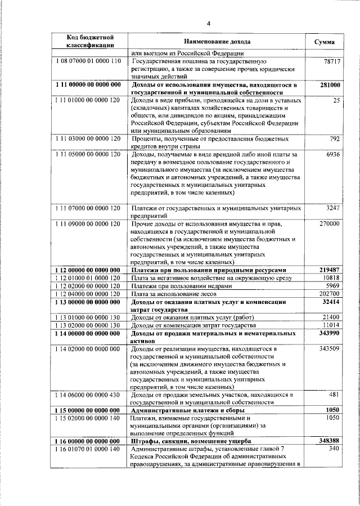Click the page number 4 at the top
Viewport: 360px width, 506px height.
tap(208, 23)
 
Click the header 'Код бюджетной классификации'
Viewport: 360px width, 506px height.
tap(91, 41)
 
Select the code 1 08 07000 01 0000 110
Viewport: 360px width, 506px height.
tap(89, 61)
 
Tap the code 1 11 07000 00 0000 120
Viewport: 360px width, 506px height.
tap(89, 208)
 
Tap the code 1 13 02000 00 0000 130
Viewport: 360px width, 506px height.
tap(89, 325)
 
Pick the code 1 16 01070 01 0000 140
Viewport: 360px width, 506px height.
tap(89, 449)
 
